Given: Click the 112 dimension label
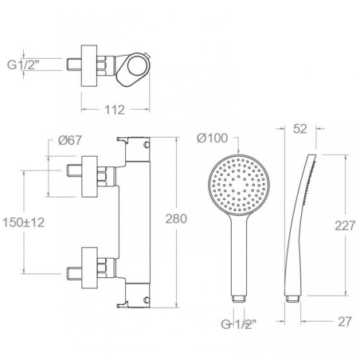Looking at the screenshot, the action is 115,110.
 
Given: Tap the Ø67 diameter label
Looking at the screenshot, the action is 70,140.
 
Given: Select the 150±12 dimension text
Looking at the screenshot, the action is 23,222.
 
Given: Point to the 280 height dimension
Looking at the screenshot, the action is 176,219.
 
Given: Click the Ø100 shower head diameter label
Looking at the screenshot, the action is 213,138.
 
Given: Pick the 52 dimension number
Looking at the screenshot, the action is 300,129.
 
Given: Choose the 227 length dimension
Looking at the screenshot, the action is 345,225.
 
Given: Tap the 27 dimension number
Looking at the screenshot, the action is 345,322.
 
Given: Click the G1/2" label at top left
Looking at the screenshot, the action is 23,65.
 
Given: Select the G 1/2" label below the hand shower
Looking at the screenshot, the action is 239,324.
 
